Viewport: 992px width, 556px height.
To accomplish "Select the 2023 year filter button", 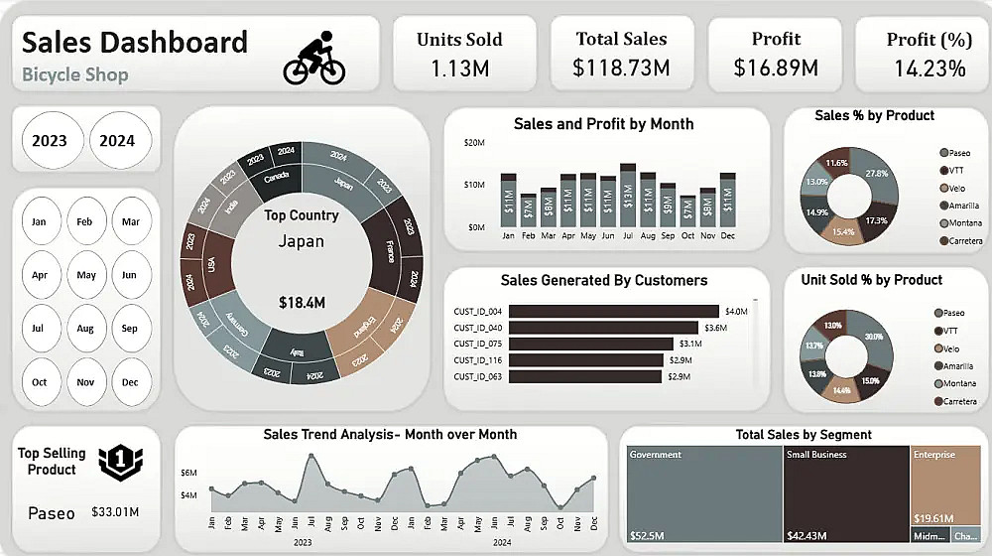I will (50, 140).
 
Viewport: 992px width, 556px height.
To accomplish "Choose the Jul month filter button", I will (40, 327).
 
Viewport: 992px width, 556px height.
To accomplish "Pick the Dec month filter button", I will (130, 381).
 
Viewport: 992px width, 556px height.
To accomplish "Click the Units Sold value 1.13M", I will (459, 69).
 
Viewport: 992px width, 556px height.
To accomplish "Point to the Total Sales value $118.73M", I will (621, 69).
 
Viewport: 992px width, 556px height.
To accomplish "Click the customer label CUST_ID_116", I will (477, 360).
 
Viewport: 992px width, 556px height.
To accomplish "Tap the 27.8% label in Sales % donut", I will (876, 174).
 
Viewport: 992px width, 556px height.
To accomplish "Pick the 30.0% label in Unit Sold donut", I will (873, 337).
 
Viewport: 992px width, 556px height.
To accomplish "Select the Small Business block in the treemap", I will (846, 492).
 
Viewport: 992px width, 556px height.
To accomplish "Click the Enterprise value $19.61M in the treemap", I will (935, 517).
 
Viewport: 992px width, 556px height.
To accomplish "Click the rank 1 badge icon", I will (119, 460).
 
